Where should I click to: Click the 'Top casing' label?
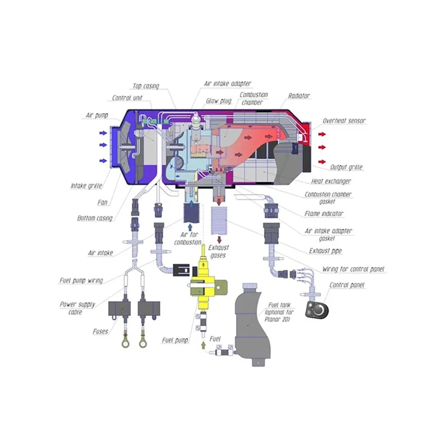[x=146, y=86]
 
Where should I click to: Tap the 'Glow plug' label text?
[x=219, y=101]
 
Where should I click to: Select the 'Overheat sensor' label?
[x=344, y=121]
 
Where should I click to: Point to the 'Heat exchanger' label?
[x=331, y=181]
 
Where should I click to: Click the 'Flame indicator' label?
[x=324, y=213]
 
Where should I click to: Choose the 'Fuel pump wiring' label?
[x=81, y=281]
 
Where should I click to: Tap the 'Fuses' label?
[x=101, y=331]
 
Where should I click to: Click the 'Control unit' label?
[x=127, y=98]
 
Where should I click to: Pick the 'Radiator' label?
[x=299, y=96]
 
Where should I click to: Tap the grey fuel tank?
[x=252, y=326]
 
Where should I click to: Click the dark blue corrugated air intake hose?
[x=191, y=213]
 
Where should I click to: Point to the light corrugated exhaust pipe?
[x=219, y=221]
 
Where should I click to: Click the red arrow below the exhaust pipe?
[x=219, y=240]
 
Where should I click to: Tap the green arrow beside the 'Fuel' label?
[x=203, y=345]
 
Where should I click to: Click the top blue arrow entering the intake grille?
[x=103, y=133]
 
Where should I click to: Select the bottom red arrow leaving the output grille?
[x=322, y=162]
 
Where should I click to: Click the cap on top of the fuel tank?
[x=250, y=286]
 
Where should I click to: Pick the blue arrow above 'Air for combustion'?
[x=190, y=227]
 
